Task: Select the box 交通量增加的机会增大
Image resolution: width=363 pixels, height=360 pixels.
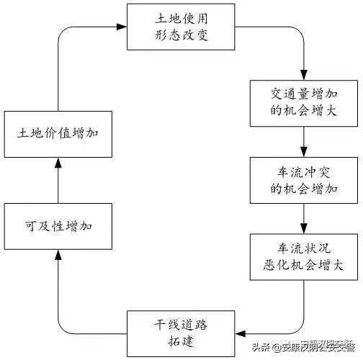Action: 303,103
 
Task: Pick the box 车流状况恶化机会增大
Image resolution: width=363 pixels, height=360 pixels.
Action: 303,256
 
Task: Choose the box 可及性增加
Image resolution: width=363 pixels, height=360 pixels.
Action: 57,226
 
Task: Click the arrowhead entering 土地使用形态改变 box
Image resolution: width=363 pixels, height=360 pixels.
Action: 122,27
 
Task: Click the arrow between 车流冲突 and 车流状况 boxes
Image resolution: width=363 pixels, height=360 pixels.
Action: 303,218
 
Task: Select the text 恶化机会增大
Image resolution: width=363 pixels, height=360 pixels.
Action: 303,266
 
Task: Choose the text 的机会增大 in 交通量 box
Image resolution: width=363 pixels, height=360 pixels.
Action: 303,112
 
